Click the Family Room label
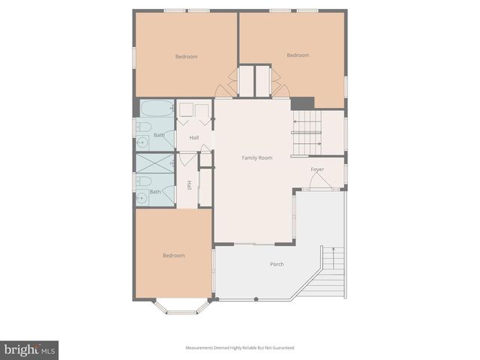coord(256,158)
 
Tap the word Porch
coord(277,265)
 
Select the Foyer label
coord(317,169)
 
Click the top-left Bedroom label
coord(186,57)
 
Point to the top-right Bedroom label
coord(298,55)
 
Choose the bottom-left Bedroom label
coord(173,256)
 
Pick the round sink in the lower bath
coord(142,197)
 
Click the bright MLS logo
coord(29,349)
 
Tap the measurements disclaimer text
coord(240,348)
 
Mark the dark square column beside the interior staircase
coord(302,104)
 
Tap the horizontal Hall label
coord(193,137)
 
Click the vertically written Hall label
coord(190,185)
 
